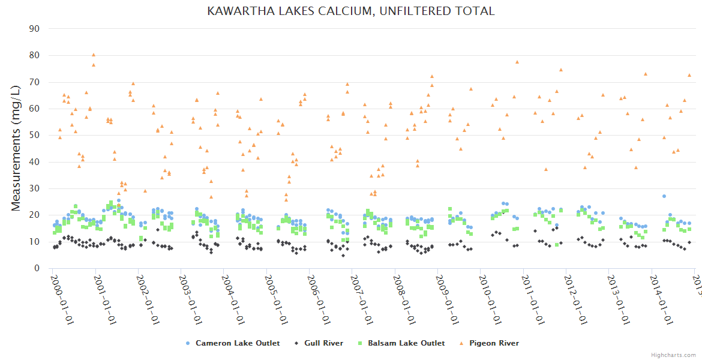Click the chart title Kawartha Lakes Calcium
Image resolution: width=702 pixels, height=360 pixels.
tap(351, 11)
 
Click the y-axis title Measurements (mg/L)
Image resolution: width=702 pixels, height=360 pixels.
tap(17, 148)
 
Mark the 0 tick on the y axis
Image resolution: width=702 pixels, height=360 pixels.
tap(37, 268)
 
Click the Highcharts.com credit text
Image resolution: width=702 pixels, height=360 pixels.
tap(673, 355)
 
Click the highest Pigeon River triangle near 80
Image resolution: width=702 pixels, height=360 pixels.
tap(93, 55)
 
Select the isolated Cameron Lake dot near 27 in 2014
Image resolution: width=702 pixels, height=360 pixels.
tap(664, 196)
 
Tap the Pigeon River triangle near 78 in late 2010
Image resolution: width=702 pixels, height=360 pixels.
tap(517, 62)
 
